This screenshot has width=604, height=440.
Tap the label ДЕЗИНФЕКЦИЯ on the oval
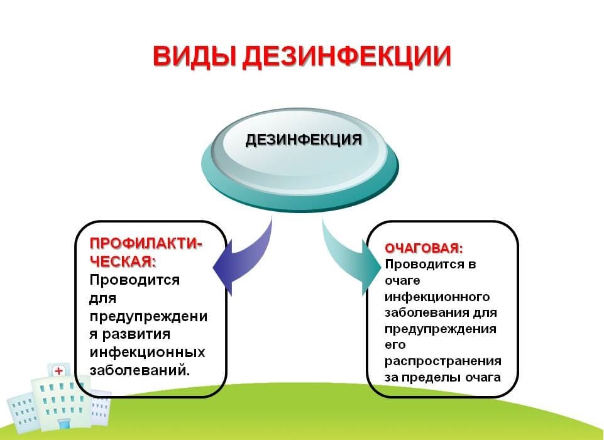(x=303, y=140)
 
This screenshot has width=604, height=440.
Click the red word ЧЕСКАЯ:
(x=123, y=261)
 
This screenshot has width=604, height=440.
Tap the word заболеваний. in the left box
(x=140, y=370)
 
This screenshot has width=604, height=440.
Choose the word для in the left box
(x=103, y=298)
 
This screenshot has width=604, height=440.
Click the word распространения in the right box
(x=443, y=361)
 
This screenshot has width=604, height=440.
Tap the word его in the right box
(x=395, y=345)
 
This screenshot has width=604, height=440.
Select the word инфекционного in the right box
(x=437, y=296)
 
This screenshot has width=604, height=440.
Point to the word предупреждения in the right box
(x=441, y=329)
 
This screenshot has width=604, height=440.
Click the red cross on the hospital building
(x=58, y=371)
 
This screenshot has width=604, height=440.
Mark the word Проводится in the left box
(x=135, y=280)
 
